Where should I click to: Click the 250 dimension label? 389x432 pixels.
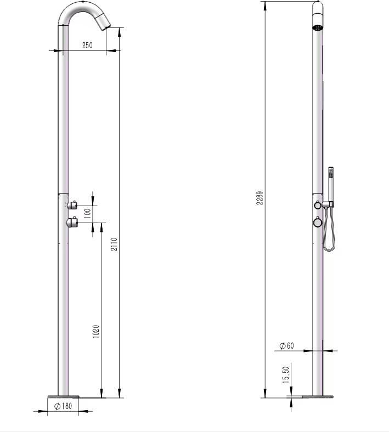coord(87,45)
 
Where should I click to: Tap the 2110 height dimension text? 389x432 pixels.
coord(114,244)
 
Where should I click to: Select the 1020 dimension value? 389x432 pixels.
coord(96,332)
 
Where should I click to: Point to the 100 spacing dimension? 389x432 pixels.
coord(87,213)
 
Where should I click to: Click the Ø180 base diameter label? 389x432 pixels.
coord(63,406)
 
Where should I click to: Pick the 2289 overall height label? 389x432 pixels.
coord(260,198)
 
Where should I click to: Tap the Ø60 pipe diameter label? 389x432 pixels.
coord(287,345)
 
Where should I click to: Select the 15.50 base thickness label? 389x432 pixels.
coord(286,374)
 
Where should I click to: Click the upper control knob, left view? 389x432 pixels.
coord(72,204)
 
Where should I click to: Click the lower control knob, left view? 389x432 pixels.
coord(72,222)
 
